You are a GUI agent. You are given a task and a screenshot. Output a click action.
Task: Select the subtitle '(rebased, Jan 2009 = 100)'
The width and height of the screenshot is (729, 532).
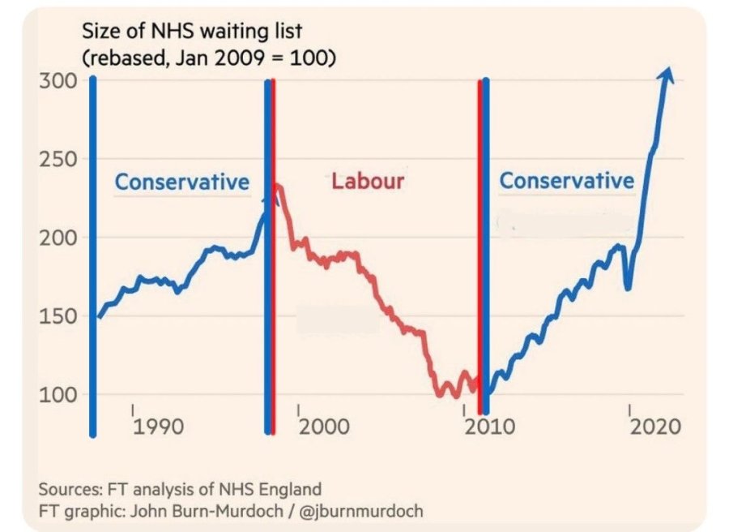tap(209, 59)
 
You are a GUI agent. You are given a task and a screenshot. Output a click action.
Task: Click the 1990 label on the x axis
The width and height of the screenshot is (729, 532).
tap(159, 427)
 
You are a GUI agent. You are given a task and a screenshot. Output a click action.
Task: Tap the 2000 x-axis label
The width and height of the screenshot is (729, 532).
tap(322, 427)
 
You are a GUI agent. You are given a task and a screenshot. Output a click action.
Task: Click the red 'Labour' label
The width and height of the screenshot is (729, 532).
tap(367, 181)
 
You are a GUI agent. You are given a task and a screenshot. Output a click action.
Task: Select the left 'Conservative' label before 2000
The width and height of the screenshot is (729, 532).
tap(181, 182)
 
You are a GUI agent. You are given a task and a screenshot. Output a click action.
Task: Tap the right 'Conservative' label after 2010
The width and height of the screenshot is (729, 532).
tap(566, 180)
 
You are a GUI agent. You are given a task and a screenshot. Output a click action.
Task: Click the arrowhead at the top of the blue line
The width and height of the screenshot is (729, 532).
tap(667, 75)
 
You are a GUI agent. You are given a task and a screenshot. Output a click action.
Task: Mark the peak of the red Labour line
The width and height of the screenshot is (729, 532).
tap(278, 186)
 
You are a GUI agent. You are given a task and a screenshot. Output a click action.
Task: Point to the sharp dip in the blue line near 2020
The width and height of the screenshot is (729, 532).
tap(628, 287)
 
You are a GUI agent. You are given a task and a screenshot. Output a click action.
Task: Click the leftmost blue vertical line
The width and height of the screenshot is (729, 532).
tap(93, 255)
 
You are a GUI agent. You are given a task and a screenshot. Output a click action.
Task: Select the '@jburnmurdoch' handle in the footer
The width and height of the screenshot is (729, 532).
tap(369, 512)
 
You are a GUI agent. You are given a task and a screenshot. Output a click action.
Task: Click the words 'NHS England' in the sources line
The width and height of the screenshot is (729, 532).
tap(277, 490)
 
